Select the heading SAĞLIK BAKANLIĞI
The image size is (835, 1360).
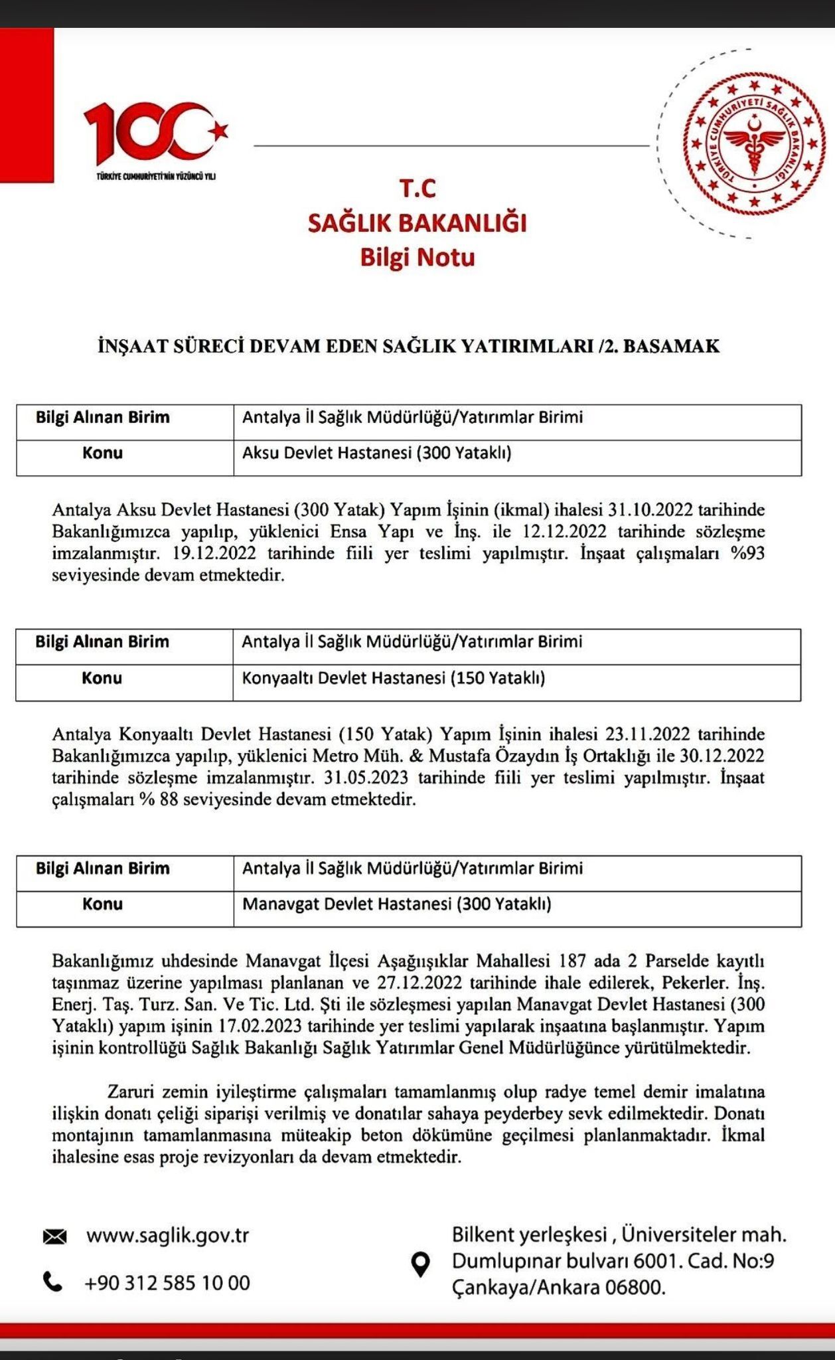pos(417,223)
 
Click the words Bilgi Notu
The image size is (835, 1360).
pos(417,257)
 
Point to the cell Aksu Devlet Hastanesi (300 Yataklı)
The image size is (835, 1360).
pos(376,453)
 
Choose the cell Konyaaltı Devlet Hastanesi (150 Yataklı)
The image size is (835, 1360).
pos(393,678)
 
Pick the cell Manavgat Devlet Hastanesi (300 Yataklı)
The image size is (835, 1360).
pos(396,904)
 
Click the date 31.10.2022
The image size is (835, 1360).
pos(650,510)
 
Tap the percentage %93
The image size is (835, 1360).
pos(747,553)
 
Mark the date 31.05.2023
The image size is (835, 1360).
pos(366,778)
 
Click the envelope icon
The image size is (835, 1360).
pos(54,1236)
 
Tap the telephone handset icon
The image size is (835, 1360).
pos(52,1281)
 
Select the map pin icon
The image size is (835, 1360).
pos(421,1264)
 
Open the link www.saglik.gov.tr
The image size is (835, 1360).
pos(167,1236)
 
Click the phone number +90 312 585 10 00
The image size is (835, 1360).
pos(167,1282)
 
